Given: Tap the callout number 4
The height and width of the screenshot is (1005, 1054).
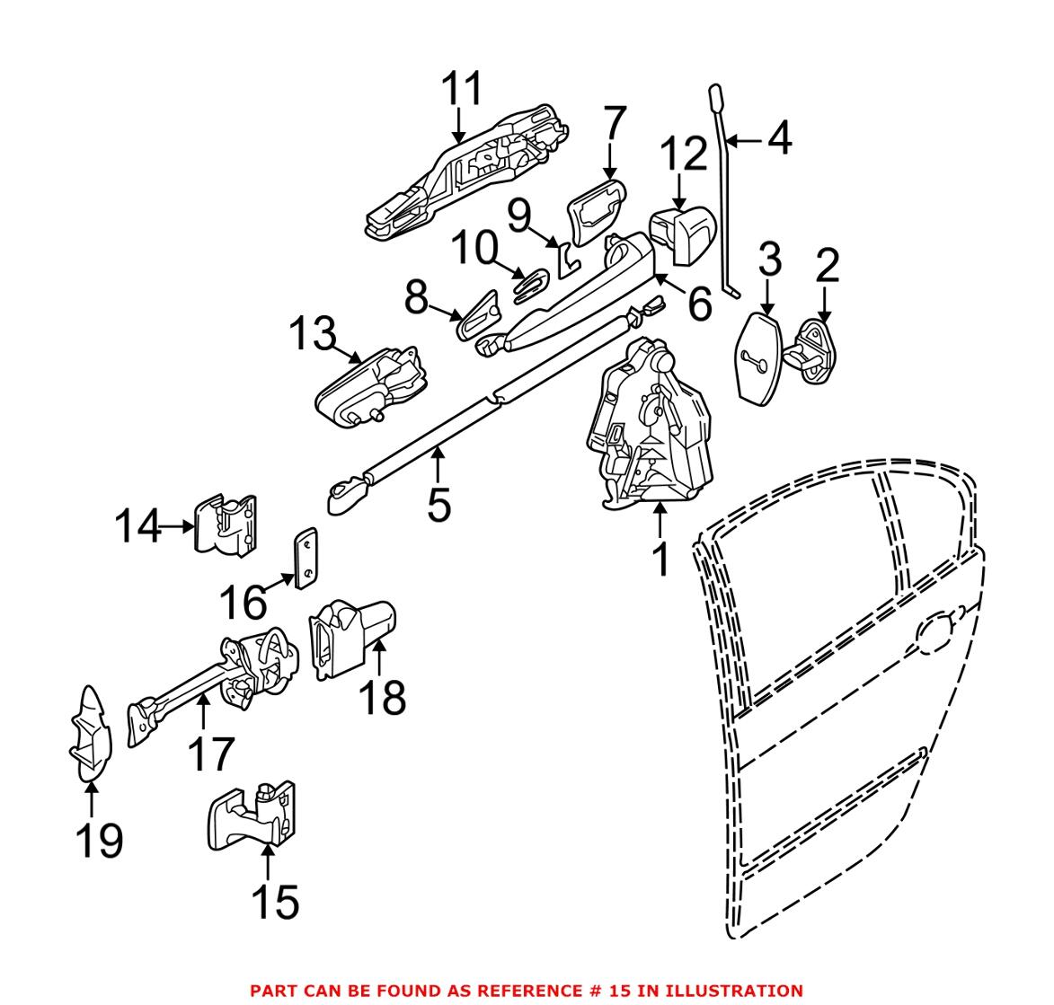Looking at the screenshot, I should (x=778, y=140).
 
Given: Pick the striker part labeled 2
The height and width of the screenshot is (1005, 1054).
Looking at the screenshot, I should (x=819, y=349).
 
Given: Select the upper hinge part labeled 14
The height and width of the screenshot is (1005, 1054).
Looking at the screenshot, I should (x=225, y=525).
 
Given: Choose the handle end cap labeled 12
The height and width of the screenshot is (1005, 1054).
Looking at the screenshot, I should (x=680, y=234).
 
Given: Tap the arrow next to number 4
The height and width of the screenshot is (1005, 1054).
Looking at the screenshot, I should (x=745, y=140).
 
